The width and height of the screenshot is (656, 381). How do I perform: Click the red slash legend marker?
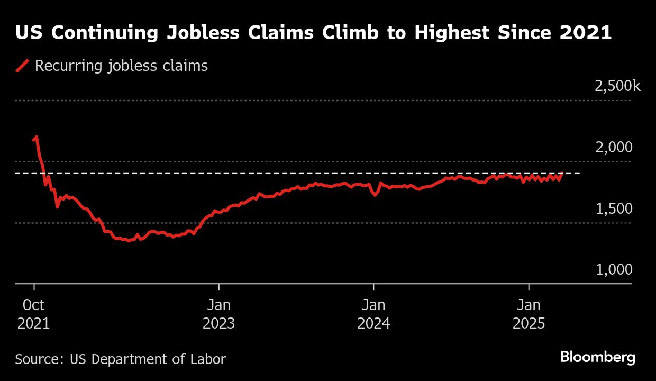(22, 66)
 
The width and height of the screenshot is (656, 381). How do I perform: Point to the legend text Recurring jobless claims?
(121, 66)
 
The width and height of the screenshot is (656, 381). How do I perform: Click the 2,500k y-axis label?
(617, 86)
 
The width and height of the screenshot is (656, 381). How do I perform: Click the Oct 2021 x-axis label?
(34, 314)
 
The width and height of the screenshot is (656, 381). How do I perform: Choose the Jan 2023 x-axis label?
(218, 314)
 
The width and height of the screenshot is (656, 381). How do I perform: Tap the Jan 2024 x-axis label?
(373, 314)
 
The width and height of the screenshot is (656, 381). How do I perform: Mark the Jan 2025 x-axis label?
(529, 314)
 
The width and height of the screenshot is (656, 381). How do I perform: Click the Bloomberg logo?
(597, 357)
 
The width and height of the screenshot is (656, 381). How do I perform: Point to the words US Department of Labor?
(148, 359)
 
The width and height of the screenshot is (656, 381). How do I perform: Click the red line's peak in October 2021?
(36, 137)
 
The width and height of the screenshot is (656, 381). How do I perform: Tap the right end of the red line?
(562, 174)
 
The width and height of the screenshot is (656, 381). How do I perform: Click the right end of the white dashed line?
(579, 173)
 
